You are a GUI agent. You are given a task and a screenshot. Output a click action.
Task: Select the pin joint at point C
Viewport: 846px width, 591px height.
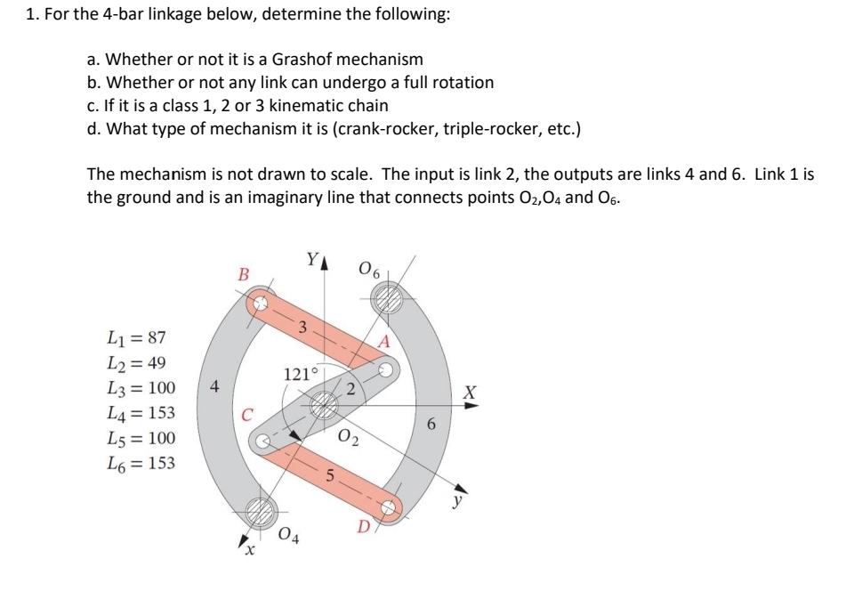pos(263,440)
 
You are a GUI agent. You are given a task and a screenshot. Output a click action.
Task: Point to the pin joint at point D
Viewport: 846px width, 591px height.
pos(388,506)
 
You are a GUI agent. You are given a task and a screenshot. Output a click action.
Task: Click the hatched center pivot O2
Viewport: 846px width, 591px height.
pos(325,406)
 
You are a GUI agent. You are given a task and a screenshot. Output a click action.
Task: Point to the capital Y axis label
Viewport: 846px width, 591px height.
pos(310,260)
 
